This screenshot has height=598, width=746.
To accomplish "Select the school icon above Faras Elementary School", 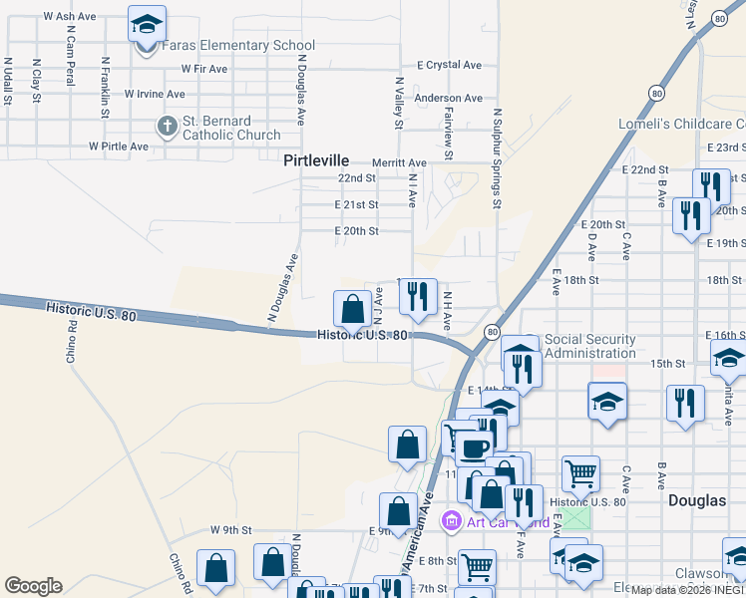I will coord(148,24).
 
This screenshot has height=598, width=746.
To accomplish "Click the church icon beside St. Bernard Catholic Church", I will coord(167,127).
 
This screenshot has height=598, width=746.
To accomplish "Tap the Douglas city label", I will coord(697,500).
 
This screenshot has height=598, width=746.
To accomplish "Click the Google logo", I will coord(33,586).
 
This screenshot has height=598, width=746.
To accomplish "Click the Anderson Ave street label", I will coord(448,99).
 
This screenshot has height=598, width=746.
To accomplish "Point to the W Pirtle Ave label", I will coord(118,147).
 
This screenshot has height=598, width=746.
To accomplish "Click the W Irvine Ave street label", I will coord(155,94).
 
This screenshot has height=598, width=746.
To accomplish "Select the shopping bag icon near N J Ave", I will coord(353,308).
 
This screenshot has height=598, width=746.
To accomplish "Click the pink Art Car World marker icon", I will coord(451,520).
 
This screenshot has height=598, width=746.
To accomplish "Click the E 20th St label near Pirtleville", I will coord(357,231).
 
